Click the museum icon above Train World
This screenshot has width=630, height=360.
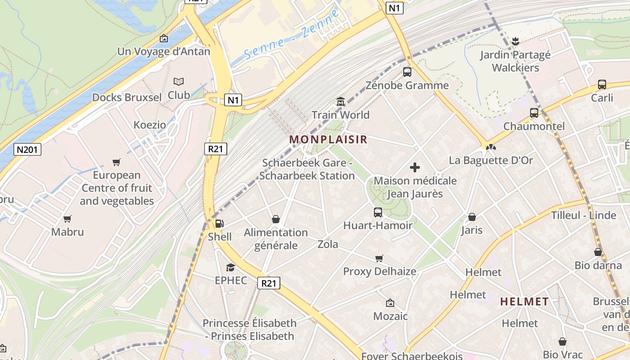point(341,102)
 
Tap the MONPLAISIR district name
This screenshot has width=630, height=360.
point(328,139)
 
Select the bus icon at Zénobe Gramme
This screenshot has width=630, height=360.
point(407,72)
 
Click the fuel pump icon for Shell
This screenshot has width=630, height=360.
point(220,223)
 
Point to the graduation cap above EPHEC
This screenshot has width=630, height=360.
point(230,267)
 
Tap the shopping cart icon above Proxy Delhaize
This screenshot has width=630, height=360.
point(379,258)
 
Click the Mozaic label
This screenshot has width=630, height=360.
point(390,316)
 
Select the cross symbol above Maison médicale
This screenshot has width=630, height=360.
point(415,168)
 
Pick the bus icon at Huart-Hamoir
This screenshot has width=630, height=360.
point(378,212)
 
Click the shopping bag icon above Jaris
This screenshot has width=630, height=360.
point(472,217)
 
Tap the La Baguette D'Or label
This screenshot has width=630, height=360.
point(491,160)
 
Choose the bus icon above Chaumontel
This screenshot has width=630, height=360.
point(534,113)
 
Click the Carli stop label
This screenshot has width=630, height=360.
point(602,98)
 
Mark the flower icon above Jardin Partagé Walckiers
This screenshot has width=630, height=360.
point(516,42)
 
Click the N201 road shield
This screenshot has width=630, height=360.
point(27,149)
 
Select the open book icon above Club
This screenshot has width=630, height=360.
point(179,82)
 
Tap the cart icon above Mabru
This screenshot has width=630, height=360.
point(67,219)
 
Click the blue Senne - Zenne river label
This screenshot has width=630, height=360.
point(292,37)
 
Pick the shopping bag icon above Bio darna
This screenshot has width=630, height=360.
point(598,252)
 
